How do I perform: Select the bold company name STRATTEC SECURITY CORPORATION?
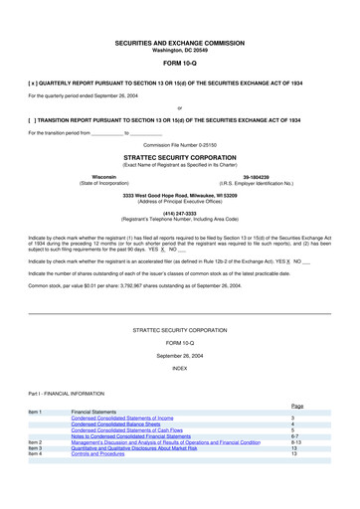coord(179,157)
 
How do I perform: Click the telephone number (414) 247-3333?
coord(179,212)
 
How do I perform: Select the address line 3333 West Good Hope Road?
coord(179,195)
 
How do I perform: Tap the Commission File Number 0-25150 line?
coord(179,145)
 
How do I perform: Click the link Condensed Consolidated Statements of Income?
coord(129,418)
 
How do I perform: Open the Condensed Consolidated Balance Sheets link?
coord(123,424)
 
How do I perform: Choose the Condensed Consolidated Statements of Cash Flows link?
coord(133,430)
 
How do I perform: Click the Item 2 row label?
coord(35,442)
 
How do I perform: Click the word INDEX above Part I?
coord(179,368)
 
